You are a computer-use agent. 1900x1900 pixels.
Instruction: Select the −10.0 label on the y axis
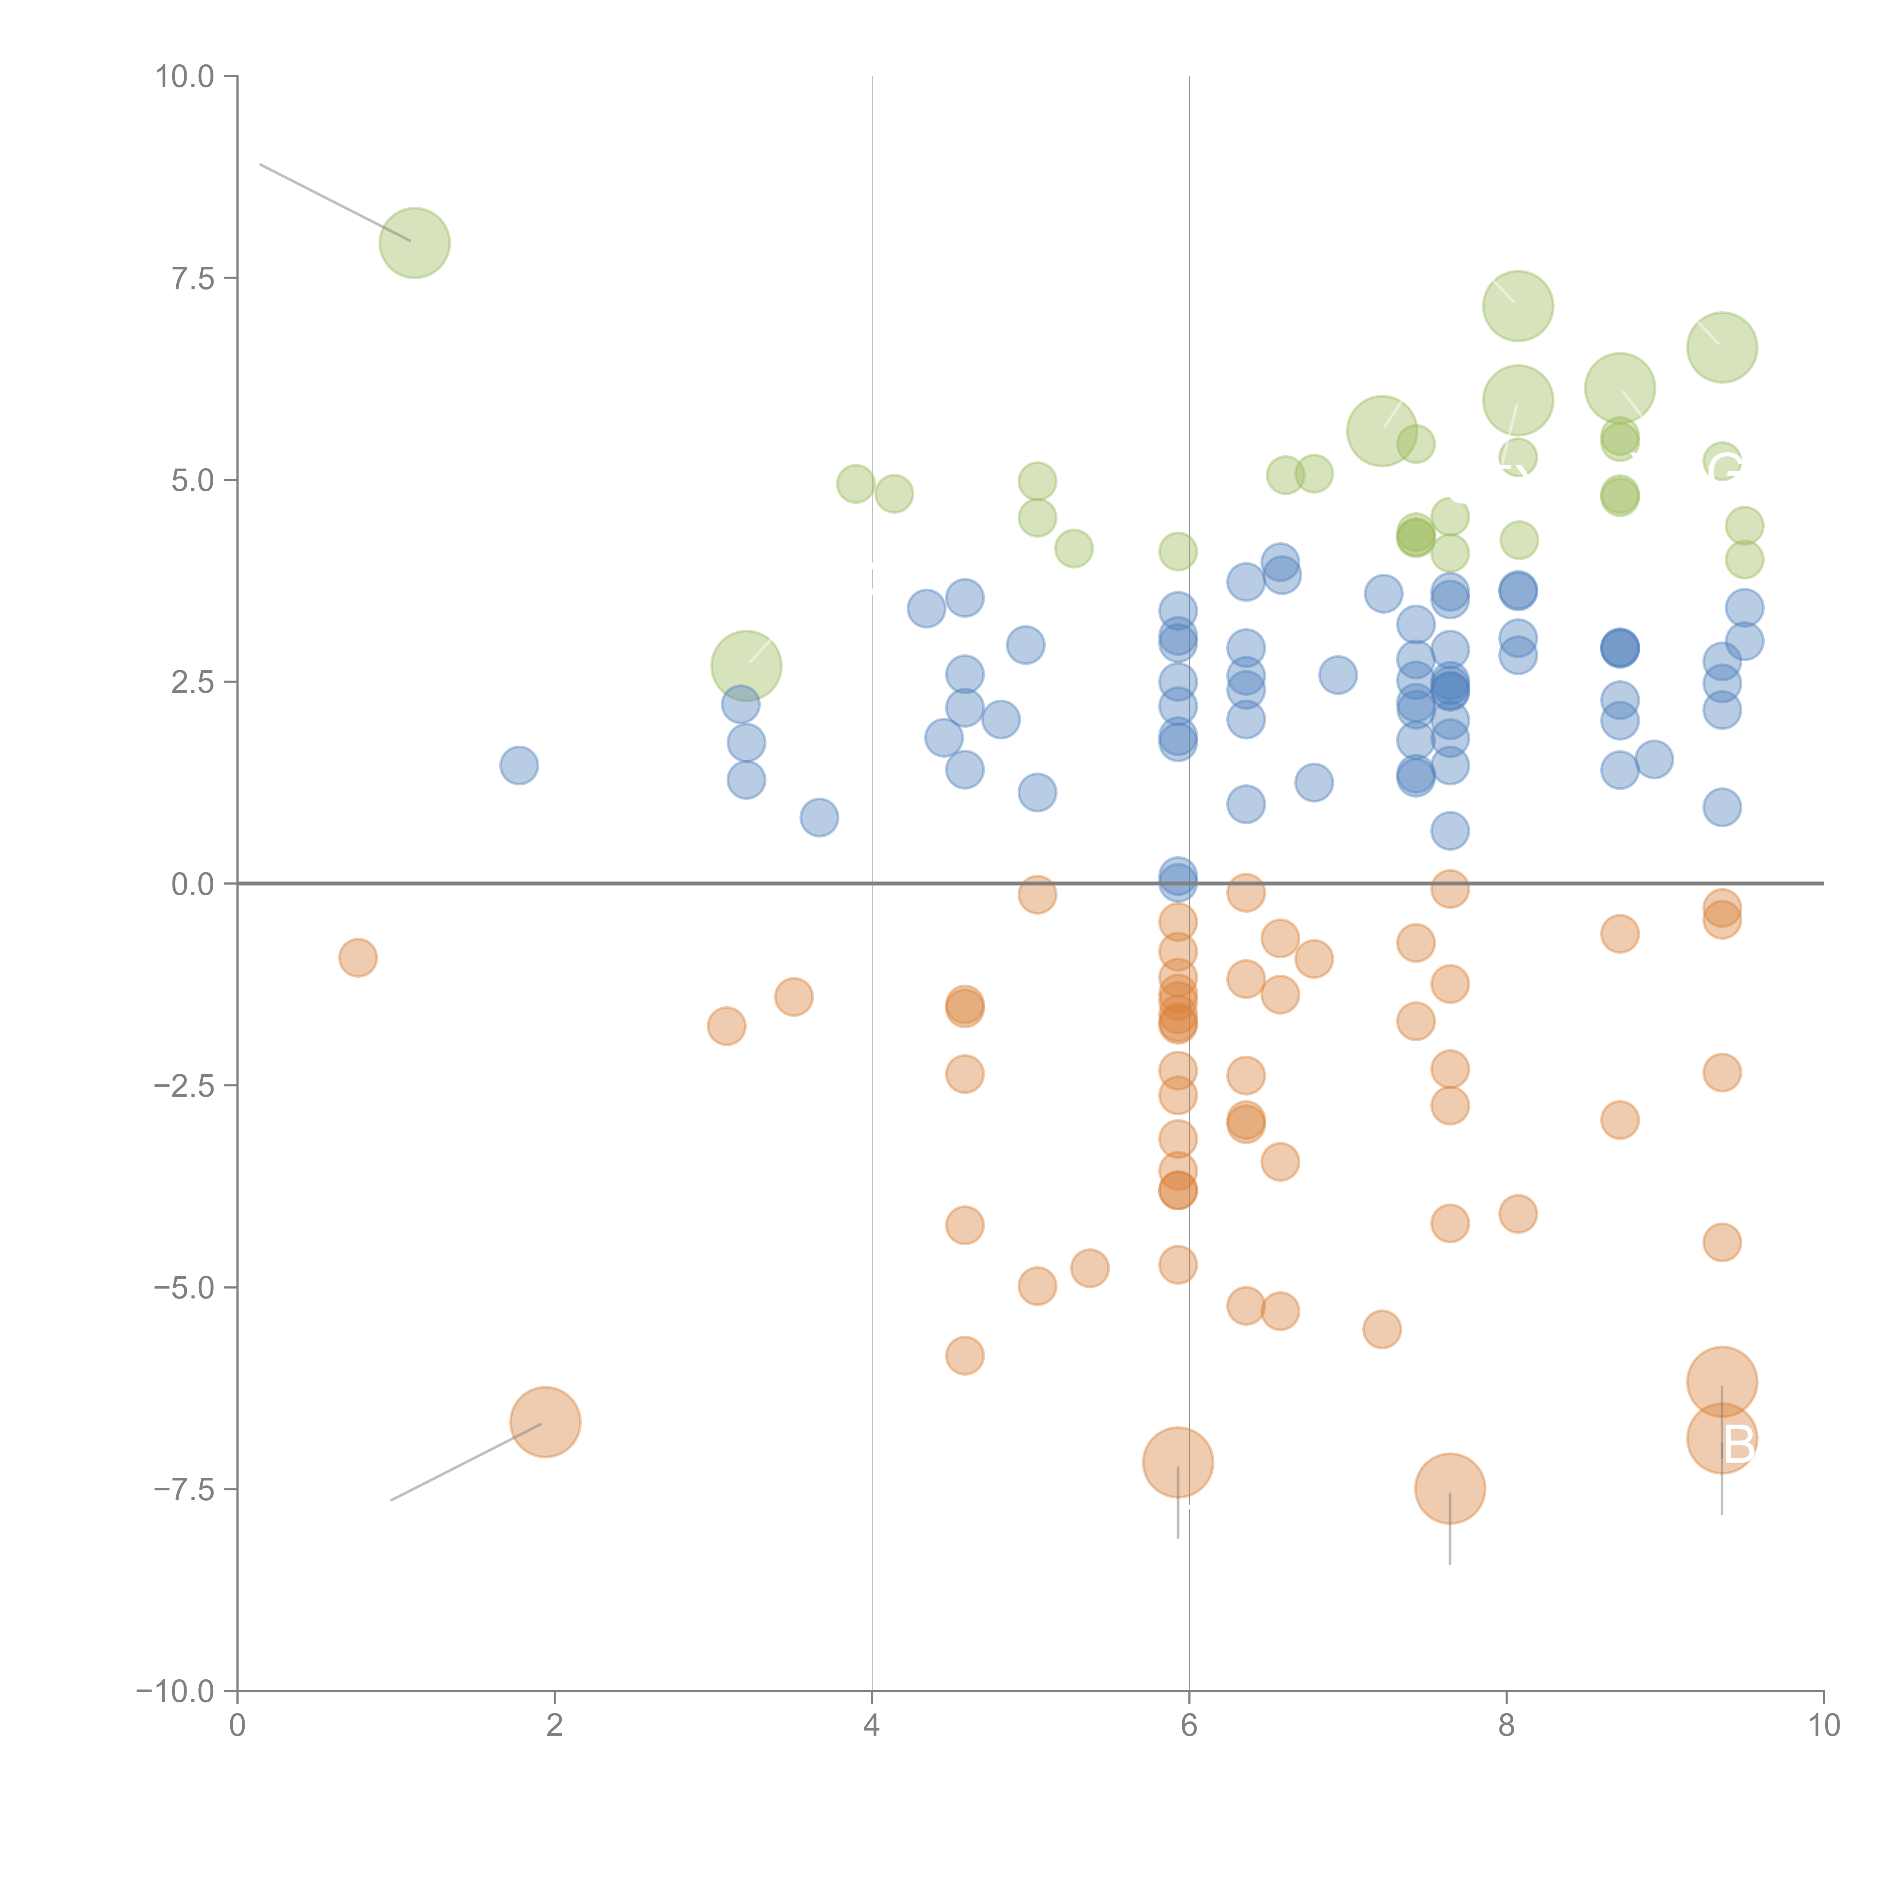click(175, 1691)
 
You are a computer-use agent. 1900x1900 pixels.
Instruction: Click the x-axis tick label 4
click(871, 1726)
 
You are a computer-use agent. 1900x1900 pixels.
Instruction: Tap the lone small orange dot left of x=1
click(358, 957)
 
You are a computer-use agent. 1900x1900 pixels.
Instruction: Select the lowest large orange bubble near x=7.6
click(1450, 1488)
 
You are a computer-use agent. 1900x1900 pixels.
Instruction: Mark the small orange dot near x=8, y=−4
click(1517, 1214)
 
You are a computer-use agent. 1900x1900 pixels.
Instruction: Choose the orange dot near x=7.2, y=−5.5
click(1382, 1330)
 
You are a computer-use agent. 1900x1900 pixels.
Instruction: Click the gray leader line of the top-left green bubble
click(334, 202)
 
